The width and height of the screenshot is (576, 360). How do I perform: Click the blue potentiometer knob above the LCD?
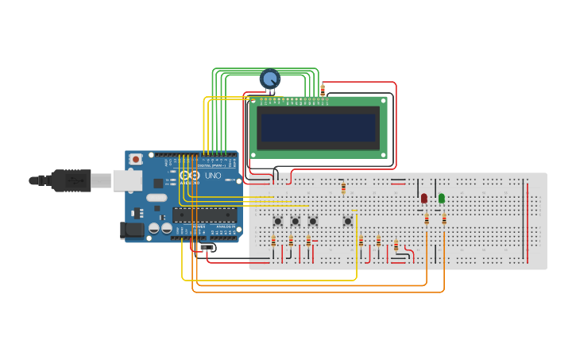pos(270,79)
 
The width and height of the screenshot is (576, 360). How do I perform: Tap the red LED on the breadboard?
pos(424,198)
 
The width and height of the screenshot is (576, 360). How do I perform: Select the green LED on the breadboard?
pos(442,198)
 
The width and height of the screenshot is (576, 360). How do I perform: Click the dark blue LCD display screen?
pos(319,127)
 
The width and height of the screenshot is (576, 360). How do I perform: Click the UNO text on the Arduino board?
pos(213,176)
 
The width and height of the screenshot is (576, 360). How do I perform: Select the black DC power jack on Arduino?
pos(132,230)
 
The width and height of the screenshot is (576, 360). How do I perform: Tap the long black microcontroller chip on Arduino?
pos(204,215)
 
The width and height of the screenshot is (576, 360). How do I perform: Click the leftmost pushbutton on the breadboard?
pos(278,221)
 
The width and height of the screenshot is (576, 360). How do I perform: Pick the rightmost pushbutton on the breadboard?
pos(347,221)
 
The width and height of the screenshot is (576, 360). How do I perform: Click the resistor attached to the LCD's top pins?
pos(323,91)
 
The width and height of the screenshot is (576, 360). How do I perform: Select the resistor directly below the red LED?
pos(427,219)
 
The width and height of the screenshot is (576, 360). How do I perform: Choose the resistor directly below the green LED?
pos(444,219)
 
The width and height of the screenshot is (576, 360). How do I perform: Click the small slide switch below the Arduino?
pos(207,248)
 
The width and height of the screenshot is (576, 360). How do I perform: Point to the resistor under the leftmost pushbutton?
pos(273,242)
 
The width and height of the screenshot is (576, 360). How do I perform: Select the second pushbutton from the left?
pos(296,221)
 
